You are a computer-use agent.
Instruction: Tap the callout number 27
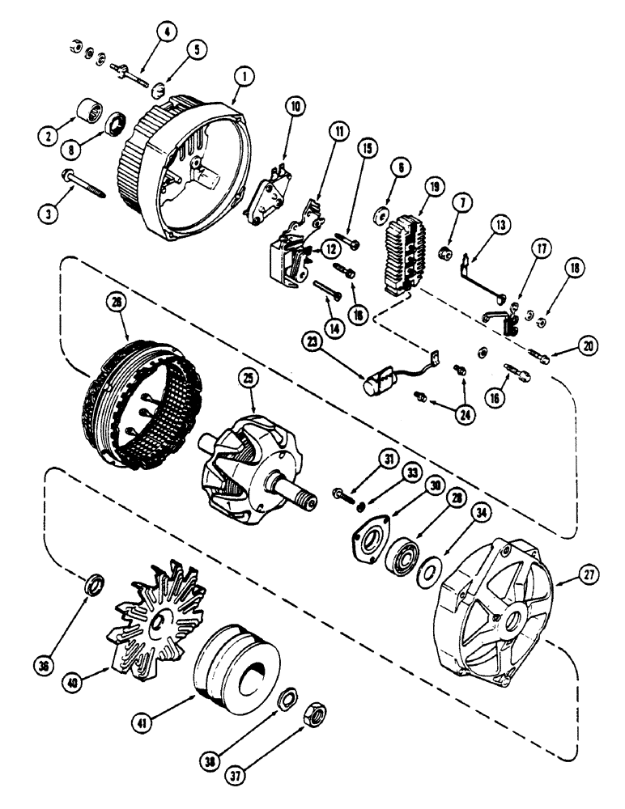tap(589, 576)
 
